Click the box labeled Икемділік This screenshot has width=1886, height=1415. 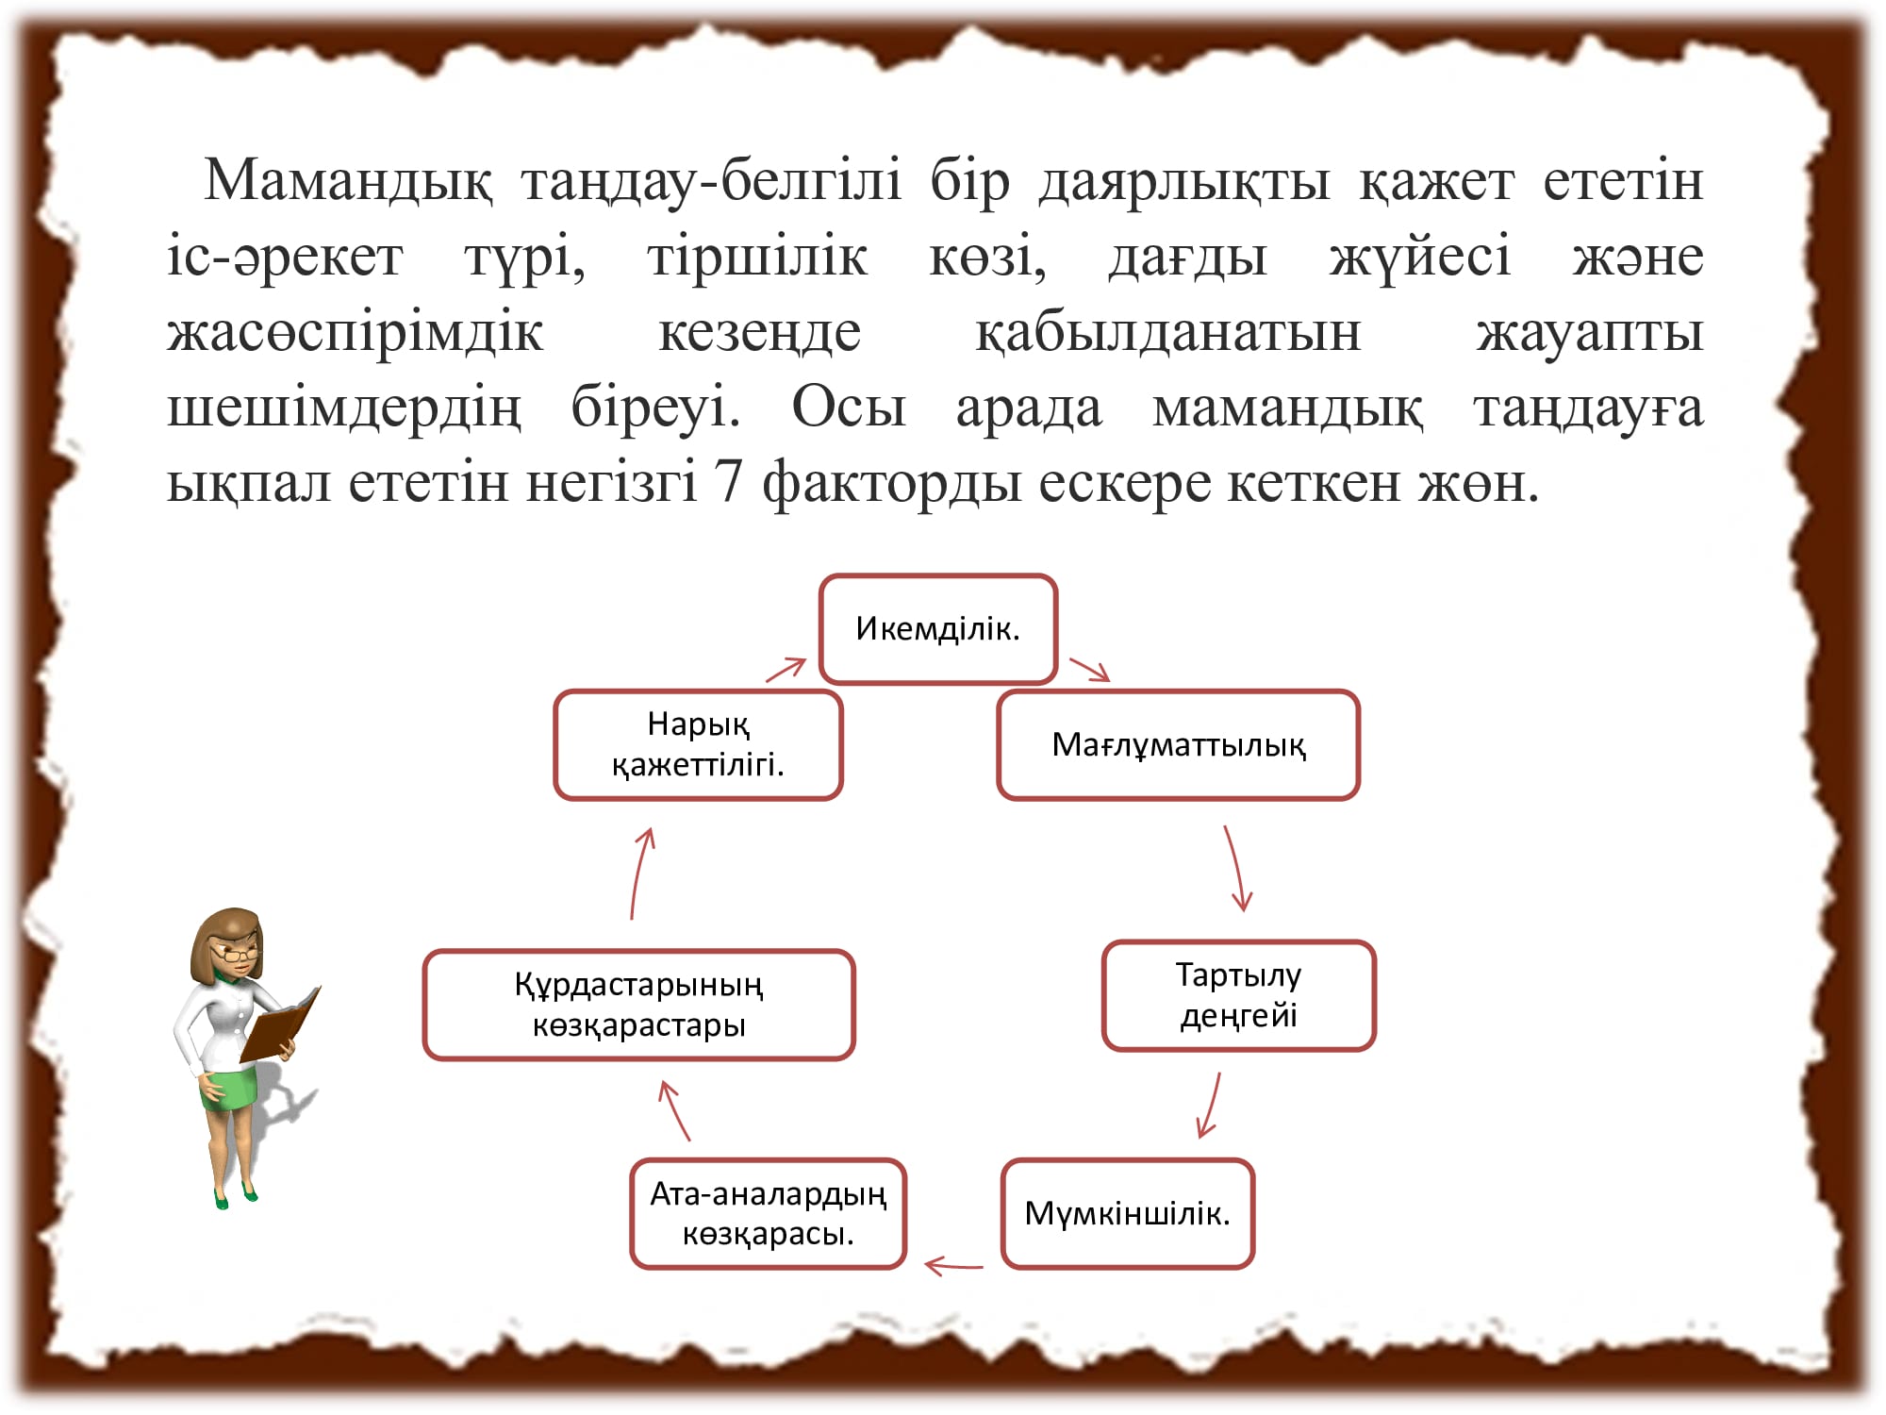[938, 628]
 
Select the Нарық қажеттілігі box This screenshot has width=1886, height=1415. [698, 745]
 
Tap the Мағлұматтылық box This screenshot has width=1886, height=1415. [1179, 745]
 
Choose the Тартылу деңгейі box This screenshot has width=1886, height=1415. [1239, 995]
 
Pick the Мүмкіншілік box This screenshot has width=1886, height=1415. [1128, 1213]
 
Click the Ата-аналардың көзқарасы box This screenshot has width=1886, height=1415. [769, 1213]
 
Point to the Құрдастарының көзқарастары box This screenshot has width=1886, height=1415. [639, 1005]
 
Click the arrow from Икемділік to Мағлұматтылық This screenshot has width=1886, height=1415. [1089, 669]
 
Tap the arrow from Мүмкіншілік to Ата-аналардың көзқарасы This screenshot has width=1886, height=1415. [953, 1265]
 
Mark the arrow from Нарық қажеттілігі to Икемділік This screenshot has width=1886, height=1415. [786, 669]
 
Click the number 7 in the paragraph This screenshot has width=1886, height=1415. [728, 482]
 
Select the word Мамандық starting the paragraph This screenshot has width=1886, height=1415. [348, 180]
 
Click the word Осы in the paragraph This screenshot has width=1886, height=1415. [849, 408]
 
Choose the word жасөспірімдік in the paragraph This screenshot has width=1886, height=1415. [356, 332]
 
